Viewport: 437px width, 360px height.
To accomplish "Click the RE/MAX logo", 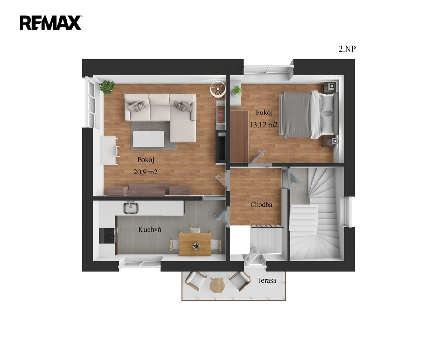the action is tap(51, 23).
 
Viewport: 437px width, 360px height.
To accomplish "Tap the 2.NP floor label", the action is tap(347, 49).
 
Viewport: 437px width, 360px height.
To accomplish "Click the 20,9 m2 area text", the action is tap(145, 172).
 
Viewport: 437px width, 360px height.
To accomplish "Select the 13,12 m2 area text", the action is tap(263, 125).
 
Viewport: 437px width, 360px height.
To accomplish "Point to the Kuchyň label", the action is tap(150, 230).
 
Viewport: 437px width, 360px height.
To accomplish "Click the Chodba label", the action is tap(261, 205).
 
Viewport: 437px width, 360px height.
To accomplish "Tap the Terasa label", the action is tap(267, 280).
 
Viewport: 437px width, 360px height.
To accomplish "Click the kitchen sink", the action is tap(131, 208).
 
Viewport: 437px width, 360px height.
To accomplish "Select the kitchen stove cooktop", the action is tap(108, 236).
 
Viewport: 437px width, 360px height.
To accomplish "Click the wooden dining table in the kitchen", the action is tap(195, 244).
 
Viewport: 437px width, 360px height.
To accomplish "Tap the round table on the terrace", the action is tap(217, 285).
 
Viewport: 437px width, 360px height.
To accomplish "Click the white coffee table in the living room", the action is tap(148, 139).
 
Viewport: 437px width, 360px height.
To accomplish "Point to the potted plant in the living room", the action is tap(107, 87).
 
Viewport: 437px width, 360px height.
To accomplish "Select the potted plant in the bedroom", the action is tap(237, 90).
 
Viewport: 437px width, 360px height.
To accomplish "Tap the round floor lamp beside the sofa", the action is tap(218, 89).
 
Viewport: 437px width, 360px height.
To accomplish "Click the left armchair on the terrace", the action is tap(196, 281).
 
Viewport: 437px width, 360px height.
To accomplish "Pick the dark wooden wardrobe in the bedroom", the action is tap(239, 136).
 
